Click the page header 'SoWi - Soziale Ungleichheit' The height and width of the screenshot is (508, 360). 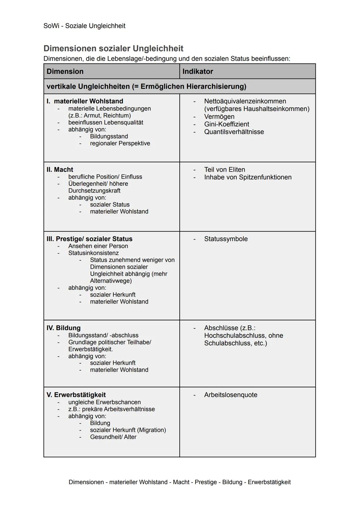coord(84,26)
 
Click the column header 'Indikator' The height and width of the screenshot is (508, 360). coord(198,71)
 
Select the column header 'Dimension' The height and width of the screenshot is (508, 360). coord(65,71)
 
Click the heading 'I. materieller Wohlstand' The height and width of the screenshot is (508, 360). coord(85,101)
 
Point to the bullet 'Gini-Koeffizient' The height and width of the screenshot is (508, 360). coord(227,124)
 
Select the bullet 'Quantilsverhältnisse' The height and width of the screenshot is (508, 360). coord(234,132)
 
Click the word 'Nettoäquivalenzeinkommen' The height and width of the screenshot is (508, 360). coord(245,101)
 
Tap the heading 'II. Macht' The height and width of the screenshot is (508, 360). coord(60,170)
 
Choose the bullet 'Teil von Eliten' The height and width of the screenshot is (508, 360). coord(225,170)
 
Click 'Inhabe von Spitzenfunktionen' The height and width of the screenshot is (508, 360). coord(248,177)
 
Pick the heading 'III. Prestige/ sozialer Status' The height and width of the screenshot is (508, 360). coord(90,239)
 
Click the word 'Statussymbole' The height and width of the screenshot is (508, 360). coord(226,239)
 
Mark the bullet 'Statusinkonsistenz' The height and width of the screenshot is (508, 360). coord(93,253)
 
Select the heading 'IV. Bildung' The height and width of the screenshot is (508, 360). coord(64,328)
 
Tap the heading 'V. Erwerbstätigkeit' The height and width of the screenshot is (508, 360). coord(76,395)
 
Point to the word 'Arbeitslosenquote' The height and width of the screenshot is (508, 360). coord(231,395)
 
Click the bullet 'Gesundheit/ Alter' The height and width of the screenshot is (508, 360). coord(113,437)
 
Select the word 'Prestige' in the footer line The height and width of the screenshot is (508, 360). coord(206,482)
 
